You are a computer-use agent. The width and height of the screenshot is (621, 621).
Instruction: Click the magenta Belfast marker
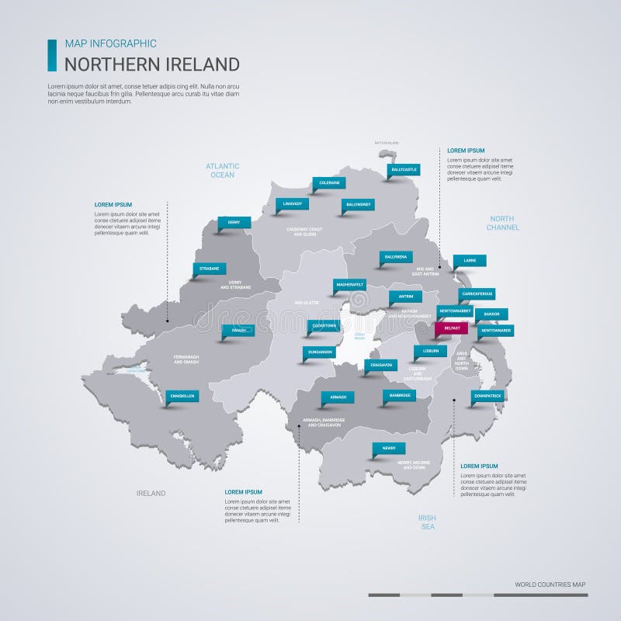coord(451,328)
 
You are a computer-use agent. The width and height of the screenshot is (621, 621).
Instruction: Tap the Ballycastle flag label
coord(404,169)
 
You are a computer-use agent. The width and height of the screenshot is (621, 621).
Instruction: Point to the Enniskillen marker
coord(182,396)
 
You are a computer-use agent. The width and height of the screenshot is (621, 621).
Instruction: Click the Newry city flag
coord(389,448)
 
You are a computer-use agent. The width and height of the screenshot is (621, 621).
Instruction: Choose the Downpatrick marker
coord(487,396)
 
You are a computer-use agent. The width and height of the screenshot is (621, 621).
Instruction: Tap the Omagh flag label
coord(238,330)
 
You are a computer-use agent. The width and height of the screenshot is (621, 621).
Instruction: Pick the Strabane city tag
coord(209,269)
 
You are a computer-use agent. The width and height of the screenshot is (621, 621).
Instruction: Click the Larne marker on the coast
coord(470,261)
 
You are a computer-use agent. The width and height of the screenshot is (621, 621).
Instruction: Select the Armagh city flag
coord(338,397)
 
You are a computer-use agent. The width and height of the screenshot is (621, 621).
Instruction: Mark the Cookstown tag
coord(323,325)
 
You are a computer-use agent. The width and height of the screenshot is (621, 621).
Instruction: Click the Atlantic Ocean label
coord(222,170)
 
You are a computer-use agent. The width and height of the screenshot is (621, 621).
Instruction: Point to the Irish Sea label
coord(427,522)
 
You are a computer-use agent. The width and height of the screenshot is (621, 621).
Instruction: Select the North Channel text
coord(503,223)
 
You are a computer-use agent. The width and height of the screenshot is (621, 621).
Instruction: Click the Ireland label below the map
coord(151,493)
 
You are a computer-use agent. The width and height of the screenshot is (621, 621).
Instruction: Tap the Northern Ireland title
coord(151,64)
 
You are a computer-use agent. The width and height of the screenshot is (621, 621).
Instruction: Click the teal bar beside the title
coord(52,55)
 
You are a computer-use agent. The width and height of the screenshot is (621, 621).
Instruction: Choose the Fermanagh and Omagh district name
coord(186,360)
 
